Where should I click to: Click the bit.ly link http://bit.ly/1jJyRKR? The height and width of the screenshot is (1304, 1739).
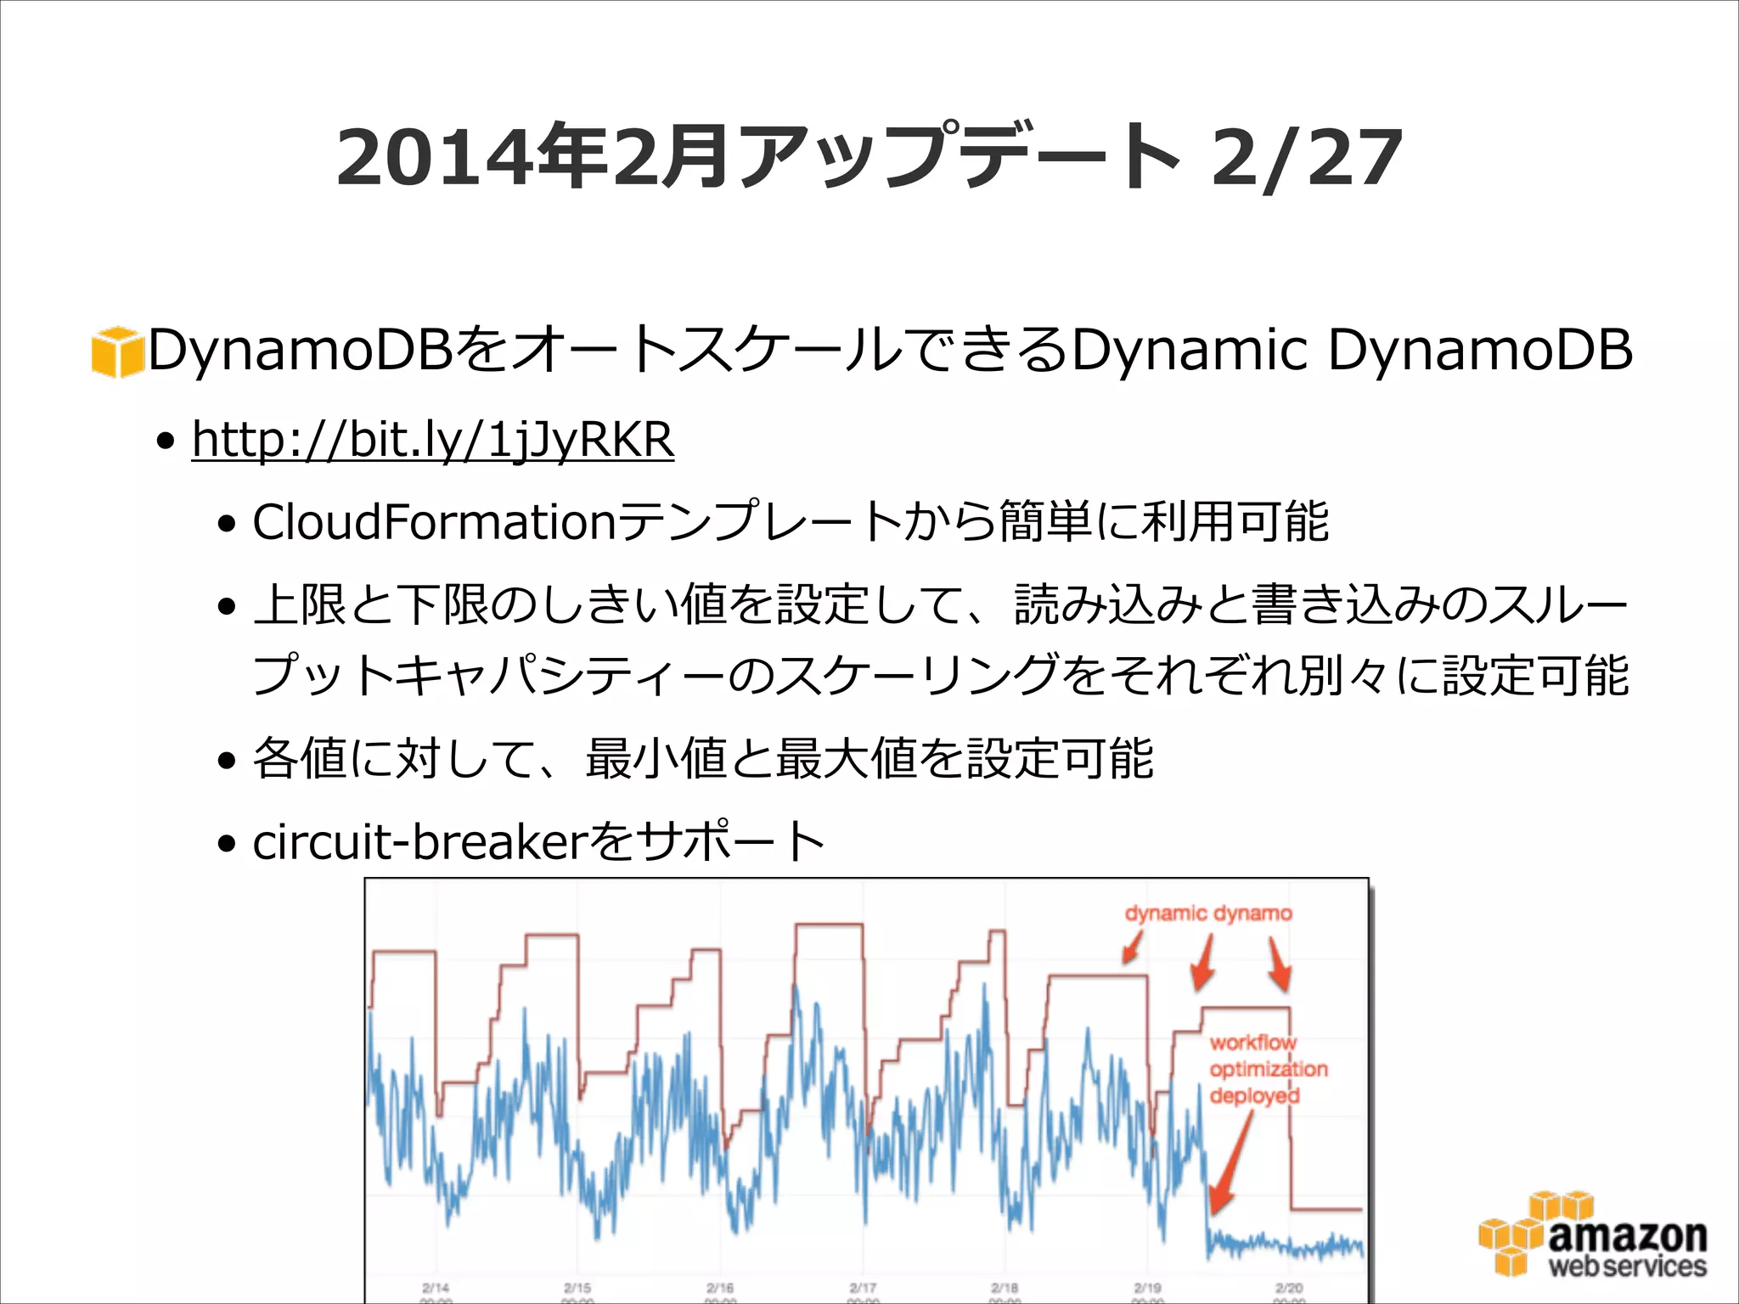(432, 440)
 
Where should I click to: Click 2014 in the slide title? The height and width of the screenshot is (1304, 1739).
(436, 159)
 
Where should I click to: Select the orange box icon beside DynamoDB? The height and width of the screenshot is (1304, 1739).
(117, 351)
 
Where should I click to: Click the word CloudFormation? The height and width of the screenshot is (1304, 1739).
(433, 521)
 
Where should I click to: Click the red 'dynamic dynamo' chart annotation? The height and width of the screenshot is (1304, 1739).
(1207, 913)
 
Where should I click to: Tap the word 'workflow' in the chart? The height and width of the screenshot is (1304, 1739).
(1252, 1042)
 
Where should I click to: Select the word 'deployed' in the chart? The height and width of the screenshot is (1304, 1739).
(1253, 1096)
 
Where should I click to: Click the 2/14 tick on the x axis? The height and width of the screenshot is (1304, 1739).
(436, 1288)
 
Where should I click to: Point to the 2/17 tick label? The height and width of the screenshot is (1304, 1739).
(863, 1288)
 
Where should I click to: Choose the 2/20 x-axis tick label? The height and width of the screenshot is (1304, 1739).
(1289, 1288)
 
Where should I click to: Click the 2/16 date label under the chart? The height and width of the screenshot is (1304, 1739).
(720, 1288)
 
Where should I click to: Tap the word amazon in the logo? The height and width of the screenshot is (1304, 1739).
(1627, 1236)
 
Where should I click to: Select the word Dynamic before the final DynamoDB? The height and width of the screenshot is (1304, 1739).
(1189, 350)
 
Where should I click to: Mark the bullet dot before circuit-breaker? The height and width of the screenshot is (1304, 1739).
(226, 845)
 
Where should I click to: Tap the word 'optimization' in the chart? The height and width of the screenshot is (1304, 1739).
(1268, 1069)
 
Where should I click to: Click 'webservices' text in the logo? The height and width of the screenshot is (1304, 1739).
(1627, 1267)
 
